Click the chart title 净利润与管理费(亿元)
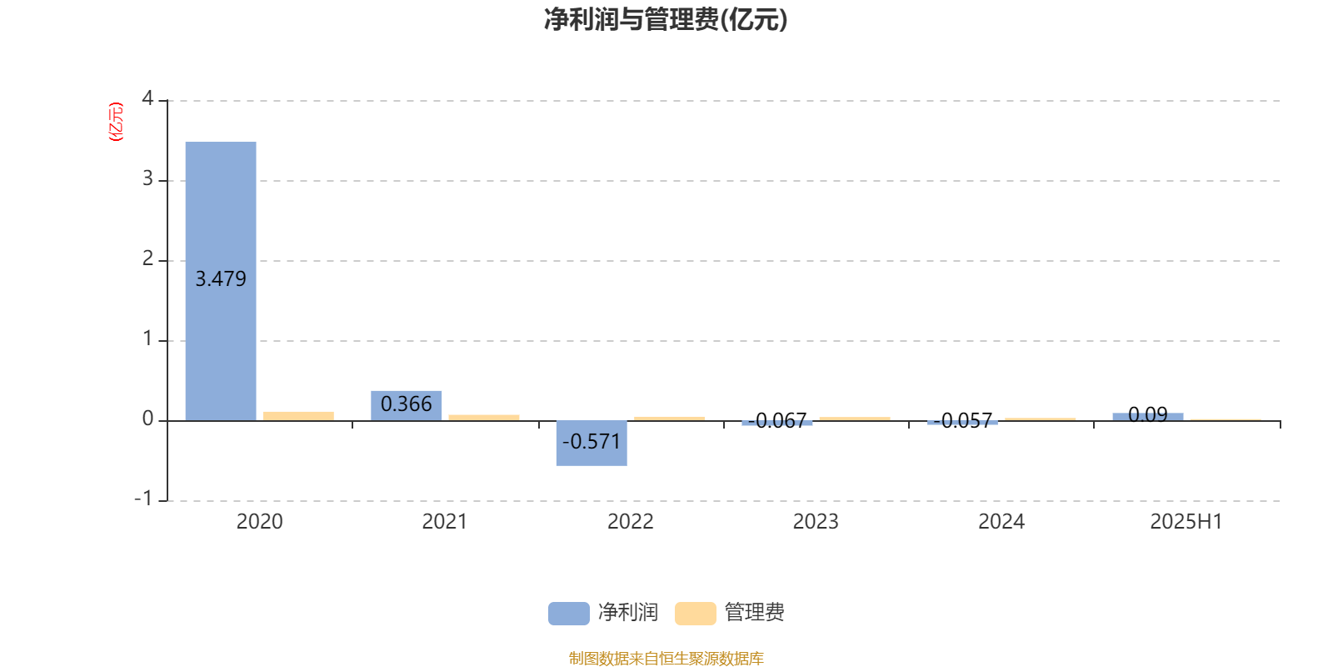tap(666, 19)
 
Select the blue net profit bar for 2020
tap(221, 281)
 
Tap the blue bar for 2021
tap(407, 405)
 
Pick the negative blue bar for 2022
tap(592, 443)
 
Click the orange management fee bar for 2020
tap(299, 416)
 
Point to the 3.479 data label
tap(221, 278)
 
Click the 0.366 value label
tap(407, 404)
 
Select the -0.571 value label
tap(592, 441)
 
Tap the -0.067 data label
tap(777, 420)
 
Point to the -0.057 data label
tap(963, 421)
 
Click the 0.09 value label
tap(1148, 414)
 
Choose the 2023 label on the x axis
tap(816, 522)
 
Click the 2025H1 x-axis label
tap(1186, 522)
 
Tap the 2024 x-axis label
tap(1001, 522)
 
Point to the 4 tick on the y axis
tap(147, 98)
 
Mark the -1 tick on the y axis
tap(143, 499)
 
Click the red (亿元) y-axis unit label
tap(116, 122)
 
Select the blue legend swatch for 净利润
tap(569, 614)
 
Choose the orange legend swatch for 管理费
tap(696, 614)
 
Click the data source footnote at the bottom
tap(666, 658)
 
